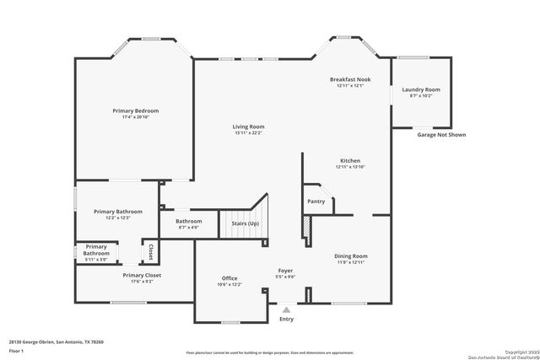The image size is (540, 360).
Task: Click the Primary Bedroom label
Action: (x=136, y=110)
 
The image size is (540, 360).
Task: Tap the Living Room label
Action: (x=248, y=126)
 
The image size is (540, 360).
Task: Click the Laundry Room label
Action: (x=420, y=89)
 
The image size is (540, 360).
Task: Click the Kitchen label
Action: (x=350, y=160)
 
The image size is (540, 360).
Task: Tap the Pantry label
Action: (x=316, y=201)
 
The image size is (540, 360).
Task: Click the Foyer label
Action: (x=286, y=271)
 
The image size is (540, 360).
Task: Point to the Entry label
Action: (x=287, y=319)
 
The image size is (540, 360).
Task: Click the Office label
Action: (x=229, y=278)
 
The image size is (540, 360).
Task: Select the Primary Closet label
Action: (x=142, y=275)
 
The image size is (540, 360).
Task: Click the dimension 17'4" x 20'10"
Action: (x=136, y=117)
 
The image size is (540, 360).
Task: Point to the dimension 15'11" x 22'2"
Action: (x=248, y=132)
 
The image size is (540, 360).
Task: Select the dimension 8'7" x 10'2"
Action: (x=420, y=96)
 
